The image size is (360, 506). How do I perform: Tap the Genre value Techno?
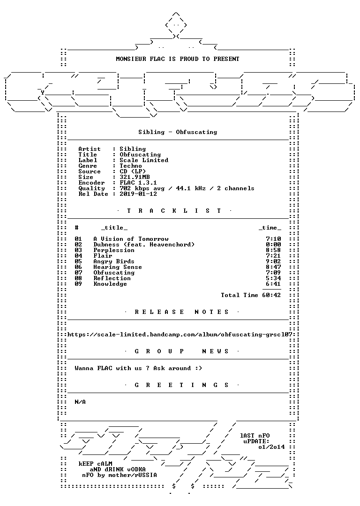click(131, 166)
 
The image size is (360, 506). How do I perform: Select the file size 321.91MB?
click(135, 177)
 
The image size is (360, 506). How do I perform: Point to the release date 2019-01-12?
click(138, 194)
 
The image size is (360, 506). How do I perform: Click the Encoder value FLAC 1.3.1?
click(138, 183)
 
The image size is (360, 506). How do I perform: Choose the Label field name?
click(88, 160)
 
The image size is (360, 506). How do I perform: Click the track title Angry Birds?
click(114, 261)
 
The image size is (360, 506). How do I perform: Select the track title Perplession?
click(114, 250)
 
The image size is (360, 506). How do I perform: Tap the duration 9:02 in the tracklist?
click(273, 261)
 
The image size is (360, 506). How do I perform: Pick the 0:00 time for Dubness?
click(273, 245)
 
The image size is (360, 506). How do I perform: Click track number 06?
click(78, 267)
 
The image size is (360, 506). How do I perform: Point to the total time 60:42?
click(271, 295)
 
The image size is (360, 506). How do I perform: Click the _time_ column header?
click(270, 228)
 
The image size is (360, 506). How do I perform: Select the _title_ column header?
click(114, 228)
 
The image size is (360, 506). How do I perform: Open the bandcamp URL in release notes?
click(180, 335)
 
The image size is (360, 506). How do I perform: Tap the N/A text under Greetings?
click(81, 402)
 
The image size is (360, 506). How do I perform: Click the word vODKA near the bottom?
click(136, 469)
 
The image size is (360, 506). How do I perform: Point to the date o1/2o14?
click(271, 447)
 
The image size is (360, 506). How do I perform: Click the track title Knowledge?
click(110, 284)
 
